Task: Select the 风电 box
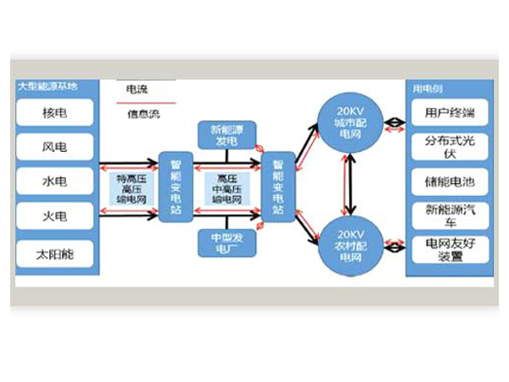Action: (55, 147)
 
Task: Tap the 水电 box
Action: (55, 181)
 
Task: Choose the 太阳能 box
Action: (55, 252)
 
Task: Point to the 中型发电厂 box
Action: (225, 243)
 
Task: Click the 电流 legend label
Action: (136, 89)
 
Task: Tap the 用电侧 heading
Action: (423, 88)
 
